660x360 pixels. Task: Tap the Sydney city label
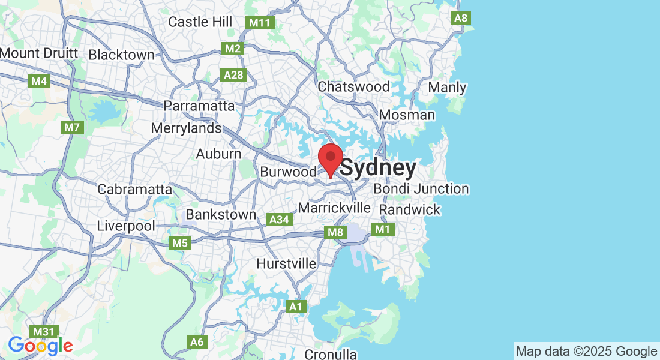[x=379, y=169]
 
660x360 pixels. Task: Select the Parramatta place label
[x=200, y=106]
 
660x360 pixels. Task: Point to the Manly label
[x=447, y=88]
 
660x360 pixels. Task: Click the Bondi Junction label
[x=421, y=189]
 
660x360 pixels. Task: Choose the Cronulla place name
[x=331, y=354]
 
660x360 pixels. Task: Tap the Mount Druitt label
[x=39, y=53]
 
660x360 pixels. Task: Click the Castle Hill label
[x=200, y=22]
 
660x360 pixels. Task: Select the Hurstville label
[x=286, y=263]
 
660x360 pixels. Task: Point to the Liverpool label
[x=126, y=226]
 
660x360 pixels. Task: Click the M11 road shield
[x=260, y=23]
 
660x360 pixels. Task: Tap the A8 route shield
[x=461, y=18]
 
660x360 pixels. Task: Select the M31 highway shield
[x=44, y=331]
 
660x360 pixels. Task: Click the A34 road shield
[x=280, y=220]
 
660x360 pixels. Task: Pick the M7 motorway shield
[x=72, y=127]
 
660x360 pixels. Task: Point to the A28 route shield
[x=233, y=74]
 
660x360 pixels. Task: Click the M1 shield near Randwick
[x=382, y=229]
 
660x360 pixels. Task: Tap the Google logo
[x=40, y=346]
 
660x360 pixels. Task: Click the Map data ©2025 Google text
[x=587, y=352]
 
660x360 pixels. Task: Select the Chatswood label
[x=353, y=87]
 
